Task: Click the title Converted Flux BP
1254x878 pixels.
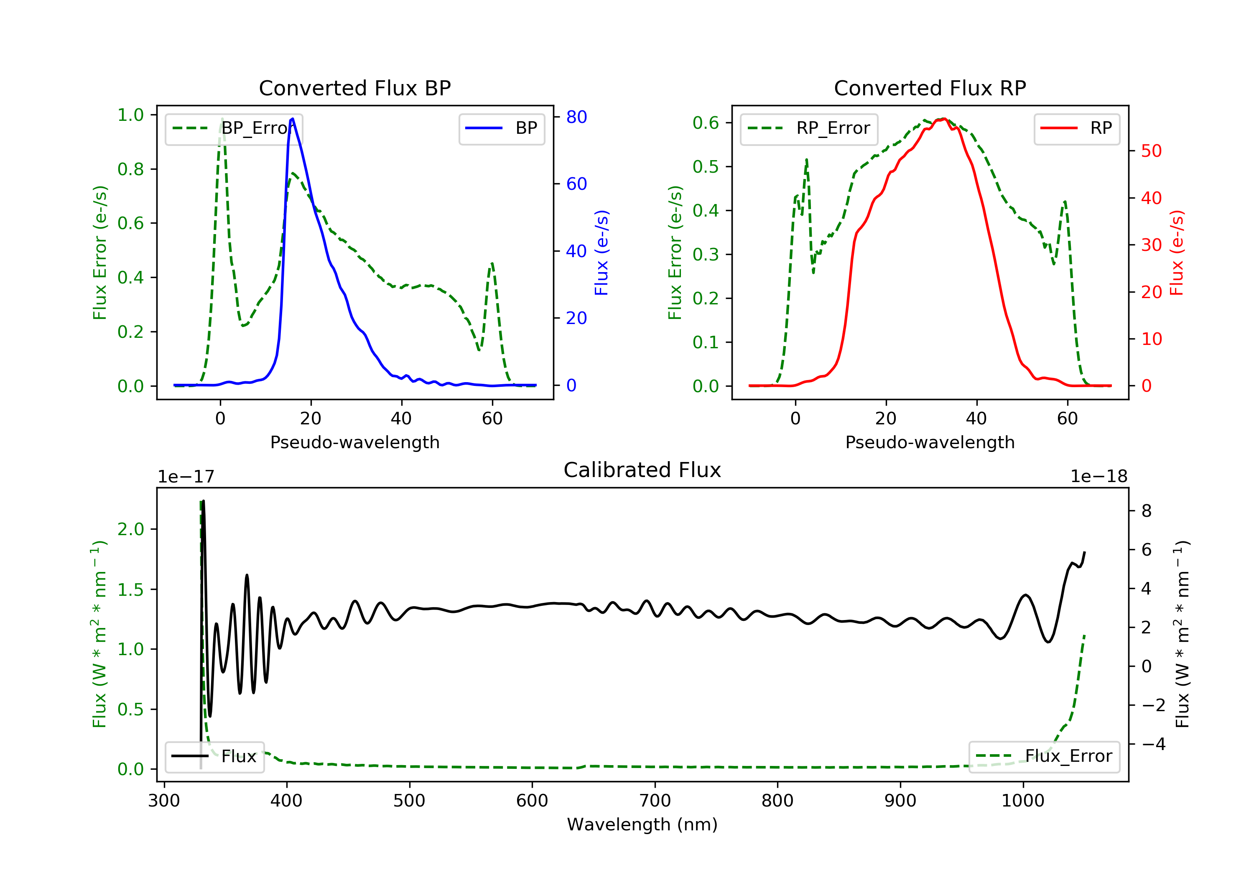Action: (x=354, y=88)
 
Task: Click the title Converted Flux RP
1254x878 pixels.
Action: (x=930, y=88)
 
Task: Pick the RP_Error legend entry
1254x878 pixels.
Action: (x=809, y=128)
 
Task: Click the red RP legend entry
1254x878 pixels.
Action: (x=1076, y=128)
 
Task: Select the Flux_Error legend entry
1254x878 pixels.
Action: (x=1044, y=756)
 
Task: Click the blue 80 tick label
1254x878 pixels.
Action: (x=576, y=117)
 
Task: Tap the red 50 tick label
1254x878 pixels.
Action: (x=1151, y=151)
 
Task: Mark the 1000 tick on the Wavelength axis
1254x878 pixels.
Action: (x=1022, y=801)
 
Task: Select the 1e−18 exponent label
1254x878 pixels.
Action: (x=1099, y=477)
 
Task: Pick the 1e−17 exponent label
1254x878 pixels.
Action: (x=186, y=477)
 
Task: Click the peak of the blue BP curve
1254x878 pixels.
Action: (x=293, y=119)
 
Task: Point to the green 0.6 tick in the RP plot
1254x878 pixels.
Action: (x=706, y=123)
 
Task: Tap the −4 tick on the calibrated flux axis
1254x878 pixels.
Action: (x=1152, y=744)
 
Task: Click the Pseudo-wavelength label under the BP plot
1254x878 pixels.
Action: (x=354, y=442)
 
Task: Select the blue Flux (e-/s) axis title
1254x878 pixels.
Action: (x=602, y=253)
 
